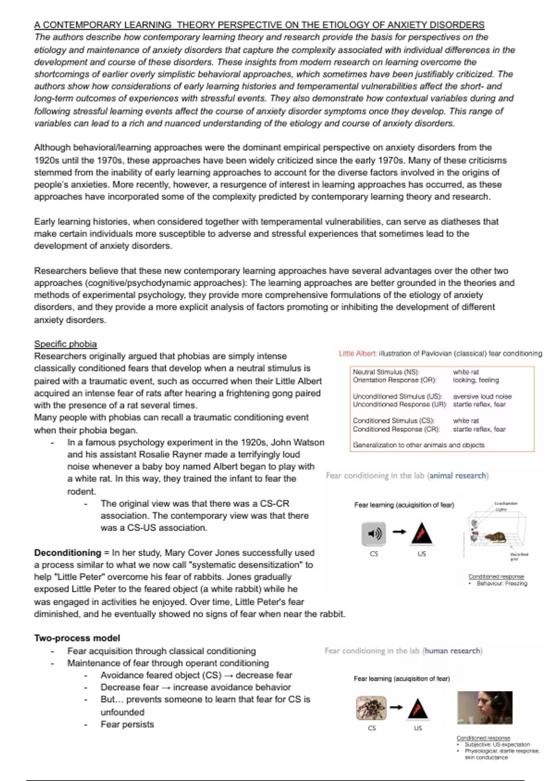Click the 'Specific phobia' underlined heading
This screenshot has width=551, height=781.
click(65, 344)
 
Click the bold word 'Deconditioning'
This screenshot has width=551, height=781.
click(67, 553)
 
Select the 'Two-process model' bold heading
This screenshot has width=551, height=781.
click(77, 638)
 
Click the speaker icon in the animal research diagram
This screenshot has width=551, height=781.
click(374, 533)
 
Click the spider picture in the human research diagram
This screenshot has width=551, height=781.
click(371, 708)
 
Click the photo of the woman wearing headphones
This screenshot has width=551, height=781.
click(484, 707)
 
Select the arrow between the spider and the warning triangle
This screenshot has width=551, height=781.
click(396, 707)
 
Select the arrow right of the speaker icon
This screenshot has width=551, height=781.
click(399, 532)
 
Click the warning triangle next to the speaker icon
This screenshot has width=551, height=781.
click(422, 533)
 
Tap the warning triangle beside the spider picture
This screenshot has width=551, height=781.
click(418, 708)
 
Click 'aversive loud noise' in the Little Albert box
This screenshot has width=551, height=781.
click(482, 396)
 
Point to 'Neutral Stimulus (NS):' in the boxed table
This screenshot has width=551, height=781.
click(386, 372)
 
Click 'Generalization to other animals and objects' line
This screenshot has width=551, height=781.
click(418, 445)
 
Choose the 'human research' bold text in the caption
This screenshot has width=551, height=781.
click(452, 651)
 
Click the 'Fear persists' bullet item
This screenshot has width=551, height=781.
click(127, 724)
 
